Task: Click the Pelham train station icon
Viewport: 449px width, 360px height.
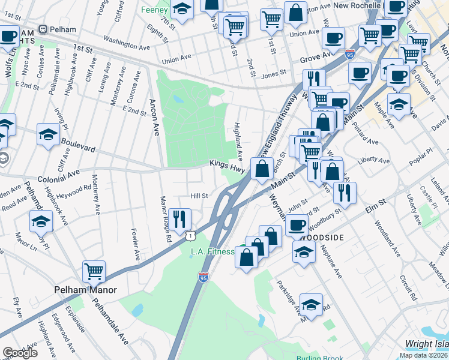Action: click(x=43, y=29)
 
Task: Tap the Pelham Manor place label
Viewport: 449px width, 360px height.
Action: click(x=85, y=290)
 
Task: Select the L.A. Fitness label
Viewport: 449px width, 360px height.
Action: click(x=212, y=251)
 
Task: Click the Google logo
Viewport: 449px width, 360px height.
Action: click(x=20, y=352)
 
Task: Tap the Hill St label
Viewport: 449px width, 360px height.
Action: click(x=199, y=196)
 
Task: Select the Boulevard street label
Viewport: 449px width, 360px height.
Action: click(x=76, y=148)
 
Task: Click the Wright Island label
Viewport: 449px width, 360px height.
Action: click(x=426, y=344)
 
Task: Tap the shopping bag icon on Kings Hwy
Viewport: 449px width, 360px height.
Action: click(x=262, y=169)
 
